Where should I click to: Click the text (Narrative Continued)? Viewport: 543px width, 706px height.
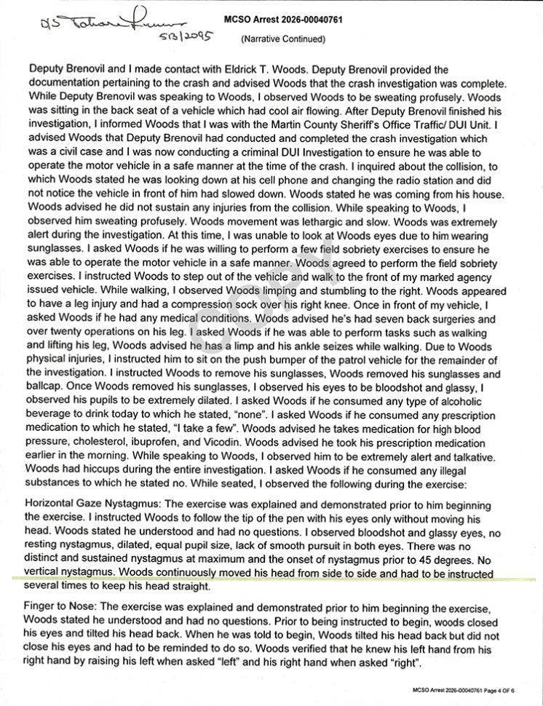(x=283, y=38)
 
